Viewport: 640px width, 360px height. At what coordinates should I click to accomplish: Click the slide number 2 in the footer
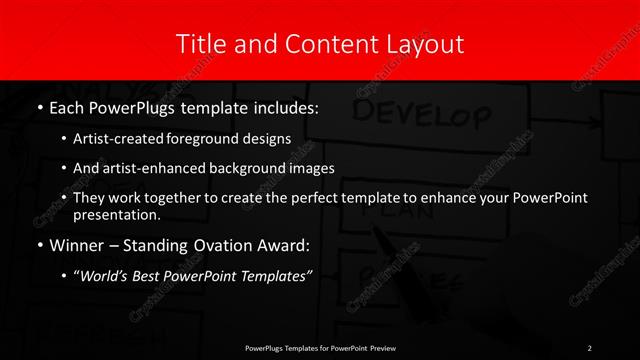coord(589,347)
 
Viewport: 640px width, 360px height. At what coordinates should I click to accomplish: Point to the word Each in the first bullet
coord(66,107)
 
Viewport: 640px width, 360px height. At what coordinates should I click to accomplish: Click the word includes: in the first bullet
coord(286,107)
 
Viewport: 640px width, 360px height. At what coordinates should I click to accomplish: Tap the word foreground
coord(203,138)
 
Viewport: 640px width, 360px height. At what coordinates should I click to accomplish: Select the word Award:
coord(291,244)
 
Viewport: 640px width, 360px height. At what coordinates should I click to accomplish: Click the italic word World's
coord(104,275)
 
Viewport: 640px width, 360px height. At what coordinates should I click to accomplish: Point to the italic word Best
coord(150,275)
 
